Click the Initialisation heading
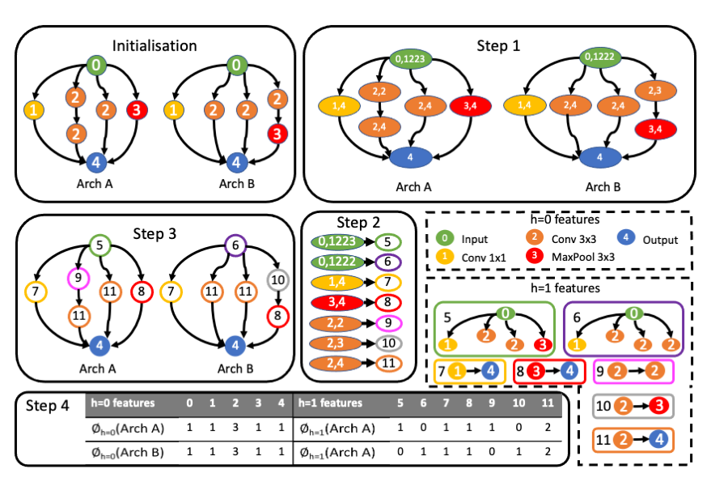pos(154,45)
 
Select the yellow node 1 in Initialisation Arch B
pos(174,109)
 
